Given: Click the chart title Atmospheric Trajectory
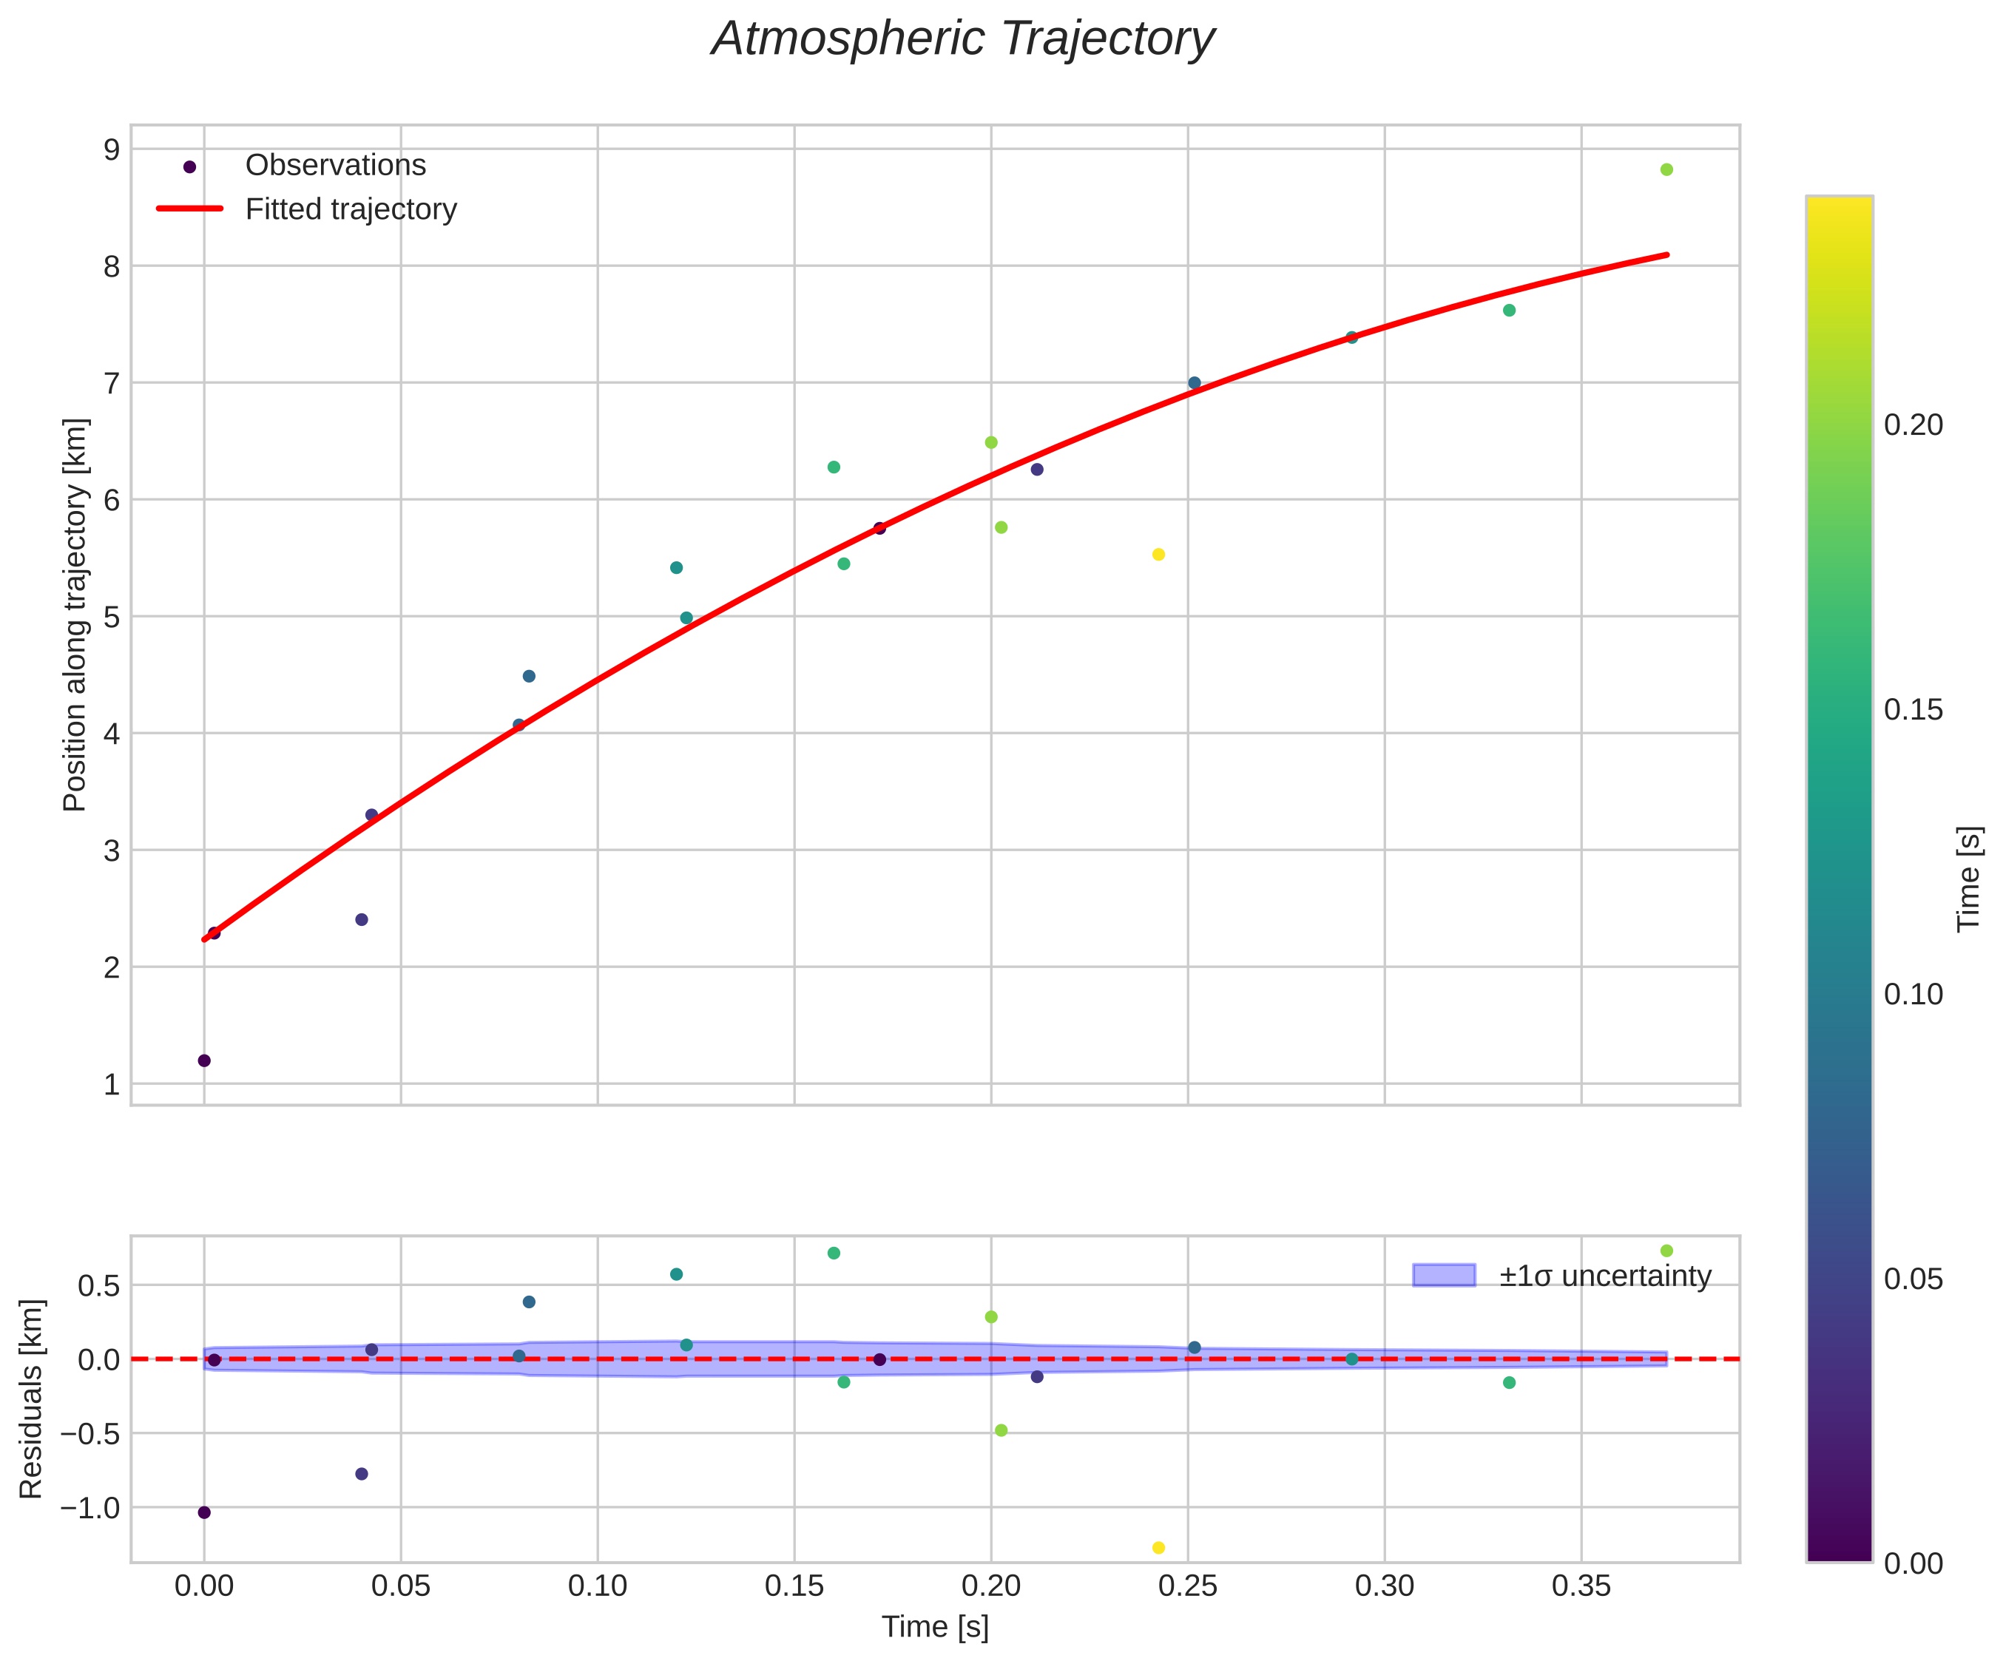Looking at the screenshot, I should pyautogui.click(x=962, y=40).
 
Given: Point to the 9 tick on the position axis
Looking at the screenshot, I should pyautogui.click(x=112, y=149).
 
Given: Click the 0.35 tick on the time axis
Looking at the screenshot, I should pyautogui.click(x=1581, y=1586).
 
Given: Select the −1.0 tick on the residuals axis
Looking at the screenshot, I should pyautogui.click(x=92, y=1507).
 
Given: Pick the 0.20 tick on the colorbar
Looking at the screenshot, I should pyautogui.click(x=1912, y=425).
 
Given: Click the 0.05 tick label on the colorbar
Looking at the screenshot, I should pyautogui.click(x=1912, y=1279).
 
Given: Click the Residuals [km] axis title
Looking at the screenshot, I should pyautogui.click(x=32, y=1398).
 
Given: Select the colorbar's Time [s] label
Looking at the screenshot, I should pyautogui.click(x=1970, y=878).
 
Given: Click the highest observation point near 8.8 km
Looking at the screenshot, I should pyautogui.click(x=1666, y=169).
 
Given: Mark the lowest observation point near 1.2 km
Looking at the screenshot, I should pyautogui.click(x=204, y=1060).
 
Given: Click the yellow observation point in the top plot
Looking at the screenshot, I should pyautogui.click(x=1159, y=555).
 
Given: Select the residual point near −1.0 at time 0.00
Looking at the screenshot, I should pyautogui.click(x=204, y=1512).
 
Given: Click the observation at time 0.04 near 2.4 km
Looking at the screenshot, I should pyautogui.click(x=362, y=919).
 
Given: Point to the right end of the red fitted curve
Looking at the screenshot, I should pyautogui.click(x=1666, y=254).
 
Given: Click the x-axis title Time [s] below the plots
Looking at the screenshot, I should pyautogui.click(x=935, y=1628).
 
